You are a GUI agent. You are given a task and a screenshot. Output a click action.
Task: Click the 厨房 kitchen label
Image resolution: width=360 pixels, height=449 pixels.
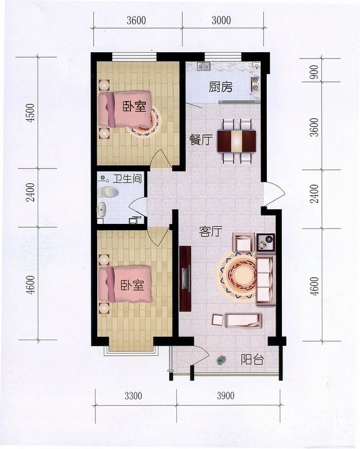pos(220,87)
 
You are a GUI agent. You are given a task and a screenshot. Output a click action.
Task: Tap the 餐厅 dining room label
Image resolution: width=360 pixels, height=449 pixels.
pos(201,140)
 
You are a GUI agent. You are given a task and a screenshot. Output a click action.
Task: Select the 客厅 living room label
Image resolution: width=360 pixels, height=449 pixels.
pos(211,231)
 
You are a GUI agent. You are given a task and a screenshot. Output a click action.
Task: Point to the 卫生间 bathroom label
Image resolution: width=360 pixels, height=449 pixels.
pos(127,179)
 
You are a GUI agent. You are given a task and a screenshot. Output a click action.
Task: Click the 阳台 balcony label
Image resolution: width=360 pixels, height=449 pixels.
pos(252,360)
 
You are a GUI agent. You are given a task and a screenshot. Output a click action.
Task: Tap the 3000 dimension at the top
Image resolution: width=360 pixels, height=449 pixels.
pos(221,20)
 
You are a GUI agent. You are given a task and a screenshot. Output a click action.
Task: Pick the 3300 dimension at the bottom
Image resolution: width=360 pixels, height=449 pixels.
pos(133,396)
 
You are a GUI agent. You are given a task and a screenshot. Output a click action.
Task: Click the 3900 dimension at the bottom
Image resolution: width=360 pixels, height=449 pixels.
pos(226,396)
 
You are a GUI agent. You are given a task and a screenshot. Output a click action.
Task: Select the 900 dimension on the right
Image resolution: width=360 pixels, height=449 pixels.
pos(314,72)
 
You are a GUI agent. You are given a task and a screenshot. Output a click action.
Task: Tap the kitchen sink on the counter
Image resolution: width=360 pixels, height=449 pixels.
pos(203,67)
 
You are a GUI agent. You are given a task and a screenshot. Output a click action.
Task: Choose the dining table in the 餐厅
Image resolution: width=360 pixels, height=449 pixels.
pos(236,141)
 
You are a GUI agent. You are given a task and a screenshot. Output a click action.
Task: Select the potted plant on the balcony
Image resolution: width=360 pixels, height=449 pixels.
pos(221,360)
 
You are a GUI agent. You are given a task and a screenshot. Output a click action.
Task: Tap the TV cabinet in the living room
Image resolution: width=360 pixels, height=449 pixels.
pos(185,278)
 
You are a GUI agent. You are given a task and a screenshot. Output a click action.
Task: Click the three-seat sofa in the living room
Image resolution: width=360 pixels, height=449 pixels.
pos(265,280)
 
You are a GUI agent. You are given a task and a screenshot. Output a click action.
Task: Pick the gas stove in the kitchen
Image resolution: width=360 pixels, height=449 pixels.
pos(254,84)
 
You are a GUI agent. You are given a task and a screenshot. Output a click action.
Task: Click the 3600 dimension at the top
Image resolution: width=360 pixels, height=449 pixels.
pos(136,20)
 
